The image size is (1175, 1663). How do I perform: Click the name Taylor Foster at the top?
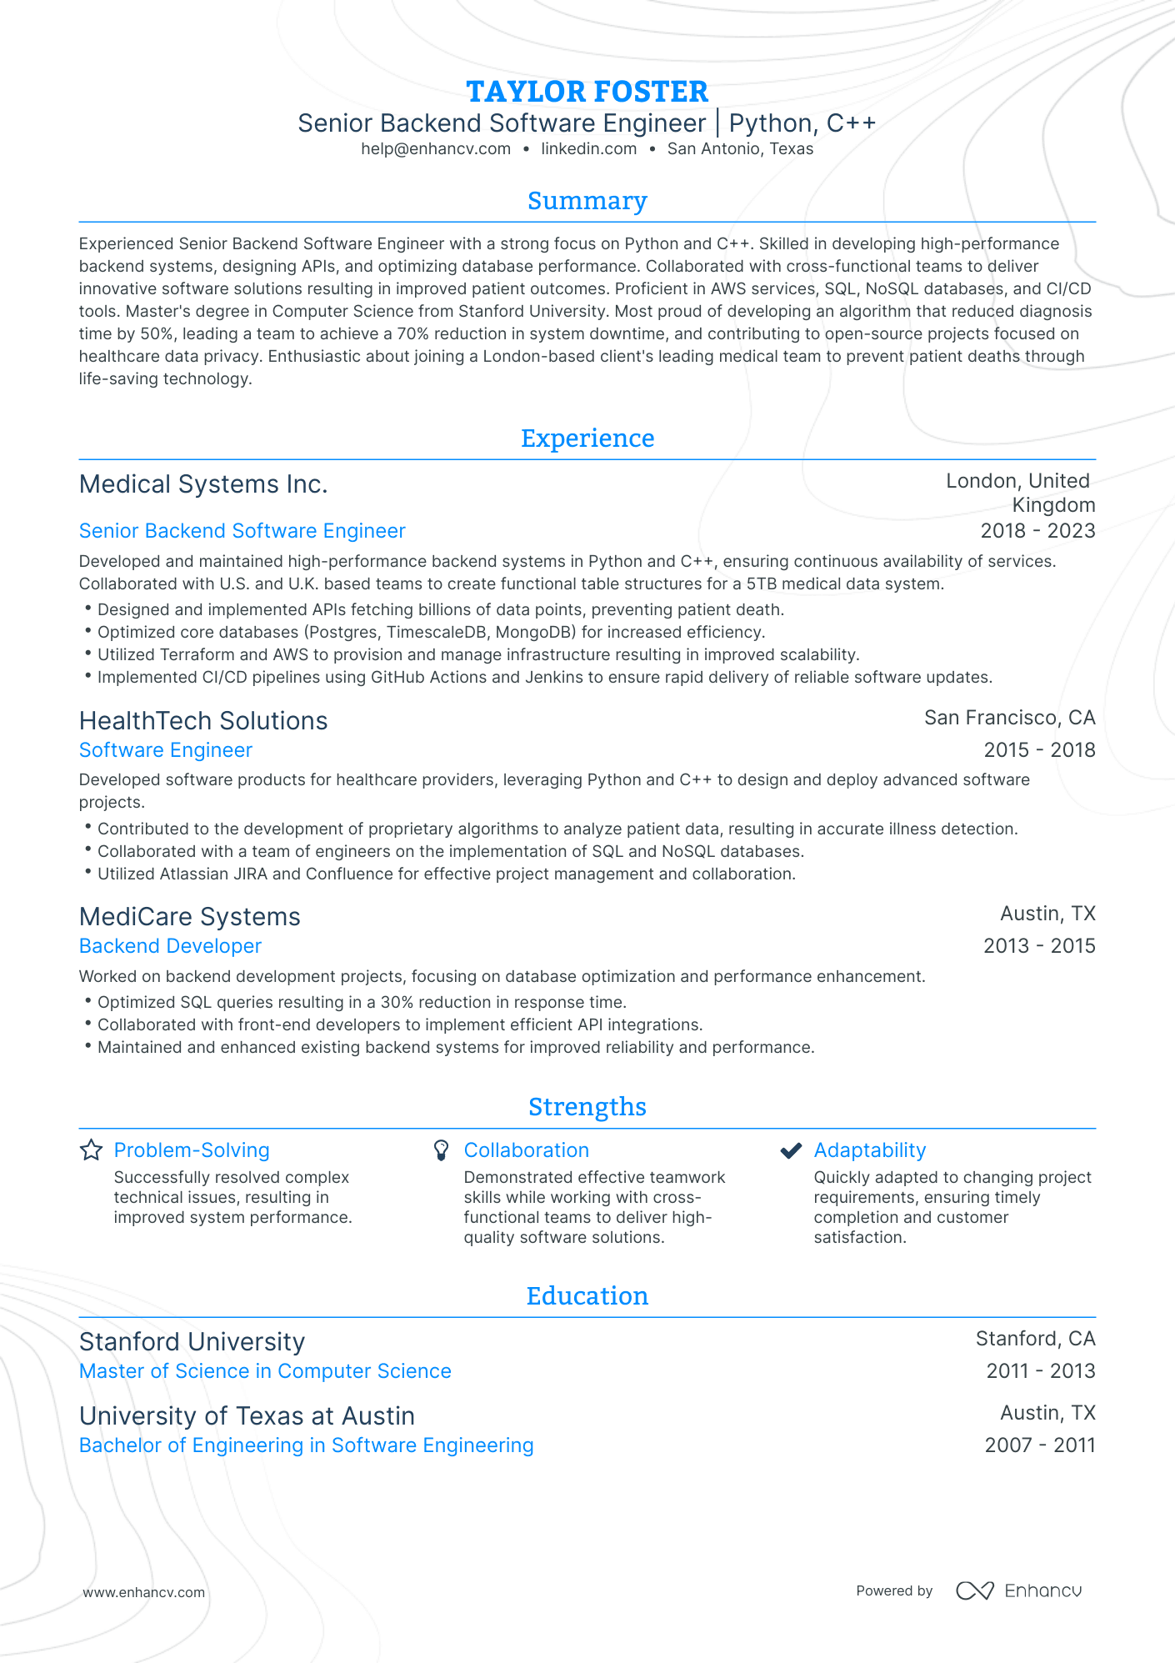(587, 92)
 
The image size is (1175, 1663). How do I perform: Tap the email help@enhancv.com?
(436, 149)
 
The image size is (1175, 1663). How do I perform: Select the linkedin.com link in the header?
(588, 149)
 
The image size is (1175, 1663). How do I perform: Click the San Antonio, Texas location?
(740, 149)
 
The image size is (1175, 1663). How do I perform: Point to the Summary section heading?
(587, 201)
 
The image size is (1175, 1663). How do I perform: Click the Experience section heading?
(587, 438)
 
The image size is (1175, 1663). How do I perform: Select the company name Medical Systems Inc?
(203, 484)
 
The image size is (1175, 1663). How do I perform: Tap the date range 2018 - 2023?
(1037, 531)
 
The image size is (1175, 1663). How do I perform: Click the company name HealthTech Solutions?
(203, 721)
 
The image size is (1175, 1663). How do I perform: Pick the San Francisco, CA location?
(1009, 718)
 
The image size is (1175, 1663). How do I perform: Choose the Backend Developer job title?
(170, 946)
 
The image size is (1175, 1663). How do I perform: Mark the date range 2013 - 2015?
(1039, 946)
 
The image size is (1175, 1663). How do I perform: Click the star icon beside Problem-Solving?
(91, 1150)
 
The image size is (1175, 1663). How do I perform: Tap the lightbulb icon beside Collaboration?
(442, 1150)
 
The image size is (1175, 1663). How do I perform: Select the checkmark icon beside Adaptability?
(791, 1150)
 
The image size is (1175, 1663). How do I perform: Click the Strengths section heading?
(587, 1107)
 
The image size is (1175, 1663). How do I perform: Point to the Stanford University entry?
(192, 1342)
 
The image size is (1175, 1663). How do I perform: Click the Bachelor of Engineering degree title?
(306, 1445)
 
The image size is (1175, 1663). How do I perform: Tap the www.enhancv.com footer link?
(143, 1592)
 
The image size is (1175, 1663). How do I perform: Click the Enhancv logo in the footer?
(1018, 1590)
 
